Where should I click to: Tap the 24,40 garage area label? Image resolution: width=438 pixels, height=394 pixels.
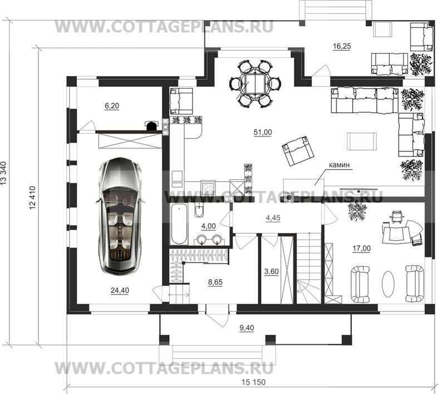120,290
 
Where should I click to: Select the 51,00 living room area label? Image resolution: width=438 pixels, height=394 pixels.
263,132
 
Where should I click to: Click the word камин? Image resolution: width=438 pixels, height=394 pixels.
339,165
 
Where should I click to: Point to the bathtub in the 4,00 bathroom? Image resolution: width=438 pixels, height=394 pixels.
179,224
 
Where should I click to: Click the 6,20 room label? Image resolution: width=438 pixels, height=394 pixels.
112,106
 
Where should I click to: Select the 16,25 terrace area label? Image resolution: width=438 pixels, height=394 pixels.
342,46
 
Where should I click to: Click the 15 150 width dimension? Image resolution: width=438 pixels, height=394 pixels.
254,382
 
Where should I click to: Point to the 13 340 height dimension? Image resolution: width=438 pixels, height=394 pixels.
4,173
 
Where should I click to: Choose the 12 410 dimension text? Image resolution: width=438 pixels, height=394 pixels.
32,198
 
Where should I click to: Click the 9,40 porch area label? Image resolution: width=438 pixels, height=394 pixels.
247,328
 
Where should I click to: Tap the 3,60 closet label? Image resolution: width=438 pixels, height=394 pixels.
272,271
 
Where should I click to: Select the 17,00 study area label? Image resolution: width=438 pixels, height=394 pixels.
362,248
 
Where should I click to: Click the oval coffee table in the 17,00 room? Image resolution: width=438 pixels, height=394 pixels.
388,284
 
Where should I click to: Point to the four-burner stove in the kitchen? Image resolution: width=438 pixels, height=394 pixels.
208,188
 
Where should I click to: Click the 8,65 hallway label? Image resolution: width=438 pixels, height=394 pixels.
215,282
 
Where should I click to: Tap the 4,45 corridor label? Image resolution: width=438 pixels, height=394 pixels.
273,218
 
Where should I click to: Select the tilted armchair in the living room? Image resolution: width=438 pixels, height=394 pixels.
298,150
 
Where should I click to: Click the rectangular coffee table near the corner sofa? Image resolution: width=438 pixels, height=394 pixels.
361,142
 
